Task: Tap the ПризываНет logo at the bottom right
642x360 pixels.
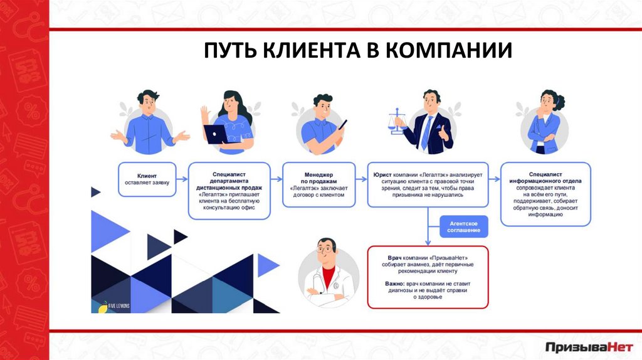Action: click(x=589, y=346)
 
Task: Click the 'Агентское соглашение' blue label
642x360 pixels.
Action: click(x=464, y=227)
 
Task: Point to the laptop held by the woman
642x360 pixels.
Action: click(x=216, y=134)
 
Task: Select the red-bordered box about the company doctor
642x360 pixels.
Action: click(x=427, y=276)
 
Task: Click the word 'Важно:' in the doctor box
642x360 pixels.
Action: click(x=396, y=284)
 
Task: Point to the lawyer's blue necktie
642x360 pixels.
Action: click(x=427, y=131)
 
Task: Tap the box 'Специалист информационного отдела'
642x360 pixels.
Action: click(x=545, y=194)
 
